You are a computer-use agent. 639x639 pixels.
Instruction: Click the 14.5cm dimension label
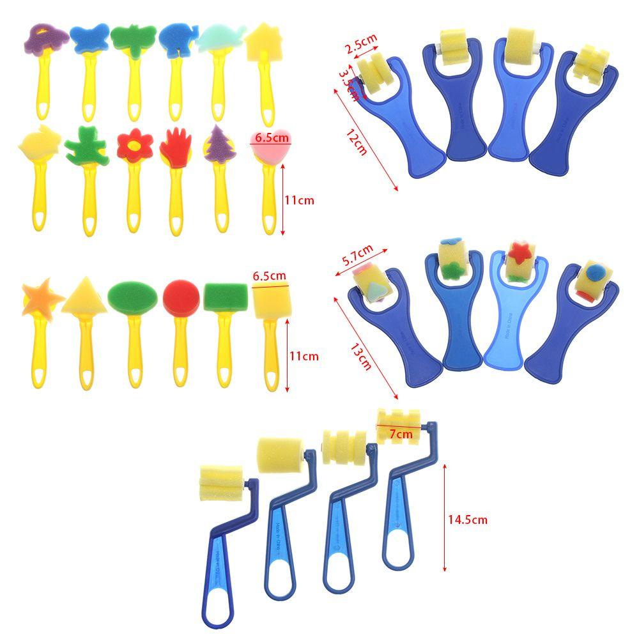pos(467,520)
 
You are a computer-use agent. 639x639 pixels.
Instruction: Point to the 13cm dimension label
pos(359,355)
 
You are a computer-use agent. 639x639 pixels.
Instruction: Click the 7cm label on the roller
pos(401,435)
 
